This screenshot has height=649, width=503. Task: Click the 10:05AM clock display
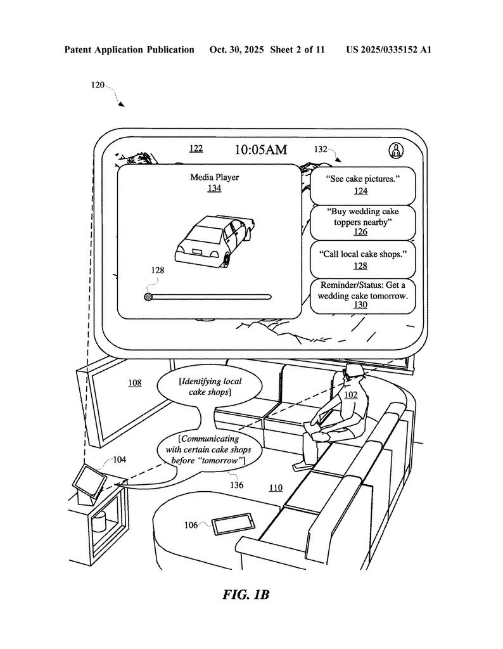pyautogui.click(x=260, y=150)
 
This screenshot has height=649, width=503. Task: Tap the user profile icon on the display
pyautogui.click(x=396, y=150)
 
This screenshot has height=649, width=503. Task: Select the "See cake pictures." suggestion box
pyautogui.click(x=362, y=184)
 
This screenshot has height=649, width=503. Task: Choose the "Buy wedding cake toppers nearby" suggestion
pyautogui.click(x=362, y=222)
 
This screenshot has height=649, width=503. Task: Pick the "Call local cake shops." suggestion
pyautogui.click(x=362, y=259)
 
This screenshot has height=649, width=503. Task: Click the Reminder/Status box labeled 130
pyautogui.click(x=362, y=295)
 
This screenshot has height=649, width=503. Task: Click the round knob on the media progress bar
pyautogui.click(x=148, y=296)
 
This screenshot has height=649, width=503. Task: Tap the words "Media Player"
pyautogui.click(x=215, y=177)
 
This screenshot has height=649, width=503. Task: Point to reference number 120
pyautogui.click(x=98, y=85)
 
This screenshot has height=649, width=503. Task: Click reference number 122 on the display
pyautogui.click(x=196, y=148)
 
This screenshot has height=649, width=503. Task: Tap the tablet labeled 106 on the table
pyautogui.click(x=233, y=525)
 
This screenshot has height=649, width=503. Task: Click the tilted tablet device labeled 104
pyautogui.click(x=89, y=480)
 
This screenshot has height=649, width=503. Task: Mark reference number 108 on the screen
pyautogui.click(x=135, y=383)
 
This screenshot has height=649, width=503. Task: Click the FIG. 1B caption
pyautogui.click(x=247, y=595)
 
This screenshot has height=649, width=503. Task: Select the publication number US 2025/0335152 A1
pyautogui.click(x=388, y=49)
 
